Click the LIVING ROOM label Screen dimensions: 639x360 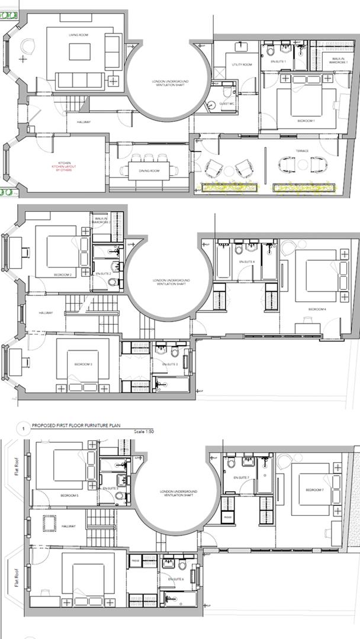78,35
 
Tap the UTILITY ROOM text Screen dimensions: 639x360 242,64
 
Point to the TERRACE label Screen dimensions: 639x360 302,151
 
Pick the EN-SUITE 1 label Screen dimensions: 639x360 278,62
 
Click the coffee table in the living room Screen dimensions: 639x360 79,52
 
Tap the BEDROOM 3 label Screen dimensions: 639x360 83,364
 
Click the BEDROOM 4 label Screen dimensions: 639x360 317,309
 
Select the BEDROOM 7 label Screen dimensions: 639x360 314,490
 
